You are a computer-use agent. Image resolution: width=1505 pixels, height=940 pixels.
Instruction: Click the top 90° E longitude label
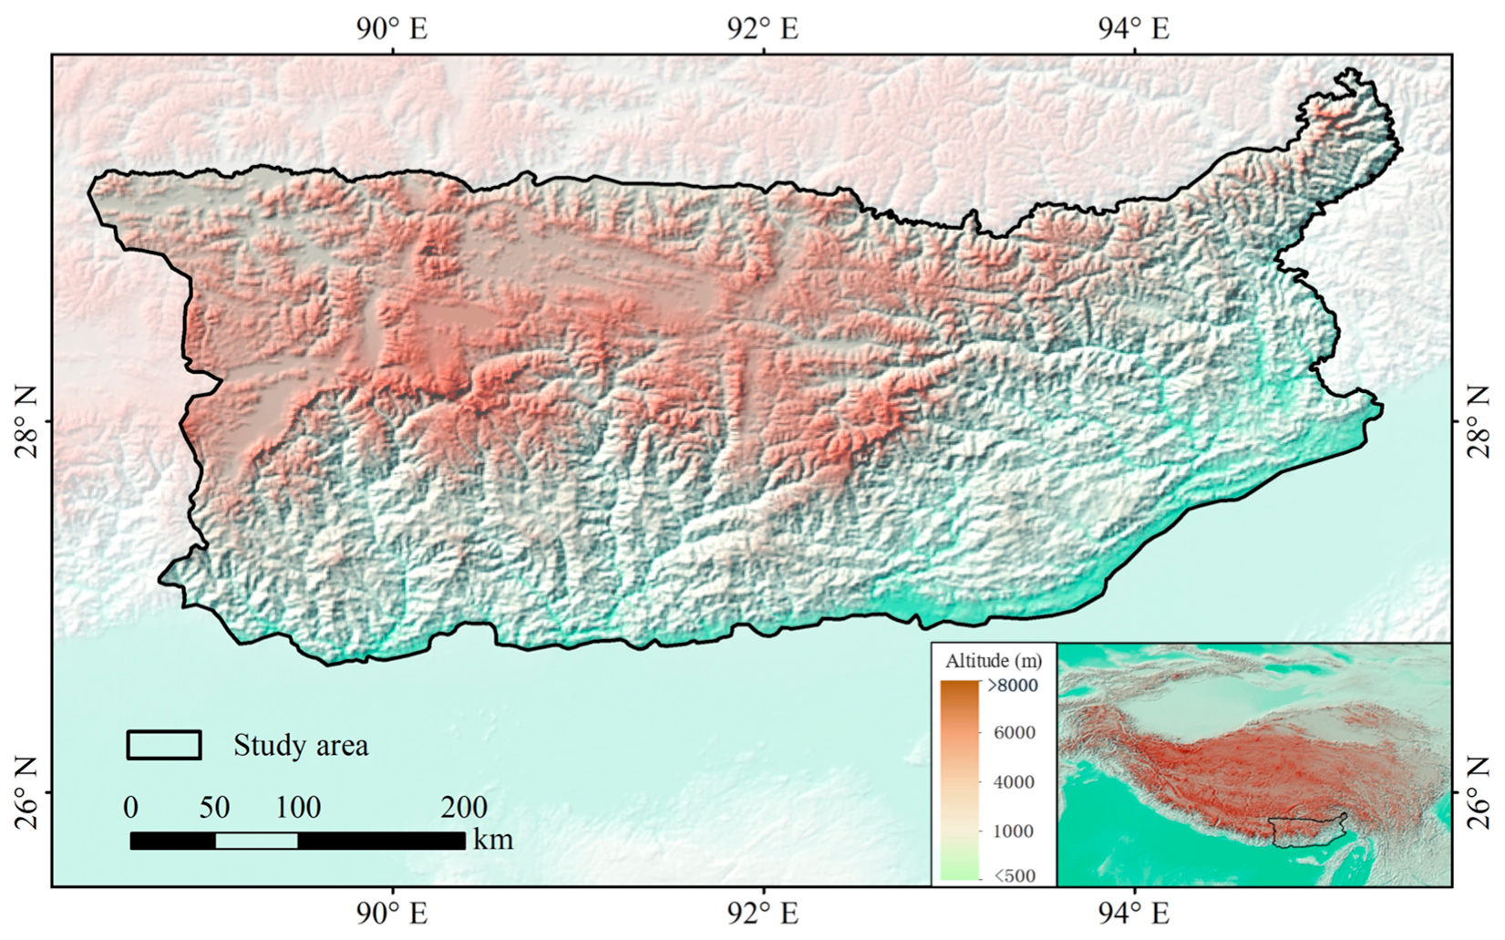point(392,28)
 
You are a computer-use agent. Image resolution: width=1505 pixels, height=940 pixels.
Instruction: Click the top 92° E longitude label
point(763,28)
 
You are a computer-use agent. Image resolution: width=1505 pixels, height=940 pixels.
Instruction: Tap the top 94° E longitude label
point(1133,28)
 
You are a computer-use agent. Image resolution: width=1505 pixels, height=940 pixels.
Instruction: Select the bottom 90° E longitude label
point(392,913)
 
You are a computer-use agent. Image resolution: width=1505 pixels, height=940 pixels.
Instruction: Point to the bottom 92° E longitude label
point(763,913)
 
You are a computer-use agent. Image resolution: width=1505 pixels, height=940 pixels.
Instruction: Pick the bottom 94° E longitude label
point(1133,913)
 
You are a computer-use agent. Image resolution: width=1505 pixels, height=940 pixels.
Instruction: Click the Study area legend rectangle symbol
point(164,745)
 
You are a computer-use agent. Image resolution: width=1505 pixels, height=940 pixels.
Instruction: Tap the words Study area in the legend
point(301,746)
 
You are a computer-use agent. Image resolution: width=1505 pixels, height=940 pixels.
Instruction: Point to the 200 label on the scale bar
point(464,807)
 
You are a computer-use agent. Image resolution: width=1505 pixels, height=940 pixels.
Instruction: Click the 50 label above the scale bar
point(215,807)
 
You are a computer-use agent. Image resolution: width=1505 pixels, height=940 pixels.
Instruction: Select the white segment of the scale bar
point(256,841)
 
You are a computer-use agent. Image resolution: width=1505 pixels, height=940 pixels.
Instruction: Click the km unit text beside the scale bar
point(493,839)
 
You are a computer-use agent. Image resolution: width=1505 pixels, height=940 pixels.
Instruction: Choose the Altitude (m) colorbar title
point(993,660)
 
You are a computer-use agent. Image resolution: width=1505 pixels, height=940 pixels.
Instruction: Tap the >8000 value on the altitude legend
point(1012,686)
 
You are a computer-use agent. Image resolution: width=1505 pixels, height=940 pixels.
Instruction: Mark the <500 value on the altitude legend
point(1014,876)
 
